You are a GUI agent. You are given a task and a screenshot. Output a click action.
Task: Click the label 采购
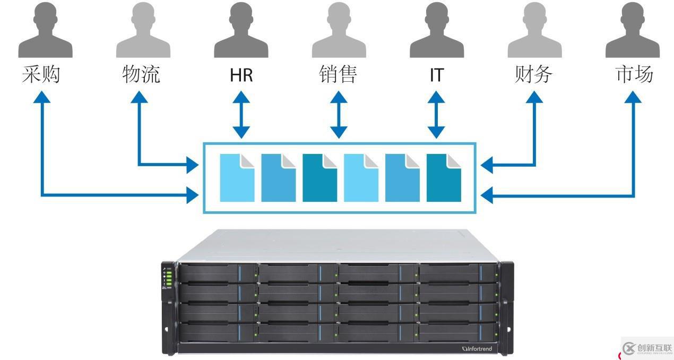[x=41, y=75]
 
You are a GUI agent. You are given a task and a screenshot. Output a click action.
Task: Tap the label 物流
[x=141, y=75]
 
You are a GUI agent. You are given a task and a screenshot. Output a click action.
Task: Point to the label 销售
[x=339, y=75]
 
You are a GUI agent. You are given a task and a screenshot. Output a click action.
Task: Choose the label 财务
[x=534, y=75]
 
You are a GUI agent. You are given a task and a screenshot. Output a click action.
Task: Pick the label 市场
[x=634, y=75]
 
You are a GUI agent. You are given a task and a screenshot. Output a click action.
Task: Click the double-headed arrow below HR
[x=241, y=115]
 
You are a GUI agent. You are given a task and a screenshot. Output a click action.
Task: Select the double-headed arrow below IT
[x=436, y=115]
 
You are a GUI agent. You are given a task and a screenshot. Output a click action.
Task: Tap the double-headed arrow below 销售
[x=339, y=115]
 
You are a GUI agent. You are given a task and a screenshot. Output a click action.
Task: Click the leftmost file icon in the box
[x=237, y=178]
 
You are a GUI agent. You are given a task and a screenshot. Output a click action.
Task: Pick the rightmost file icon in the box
[x=444, y=178]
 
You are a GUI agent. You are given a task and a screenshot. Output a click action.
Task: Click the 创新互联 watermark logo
[x=647, y=348]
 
